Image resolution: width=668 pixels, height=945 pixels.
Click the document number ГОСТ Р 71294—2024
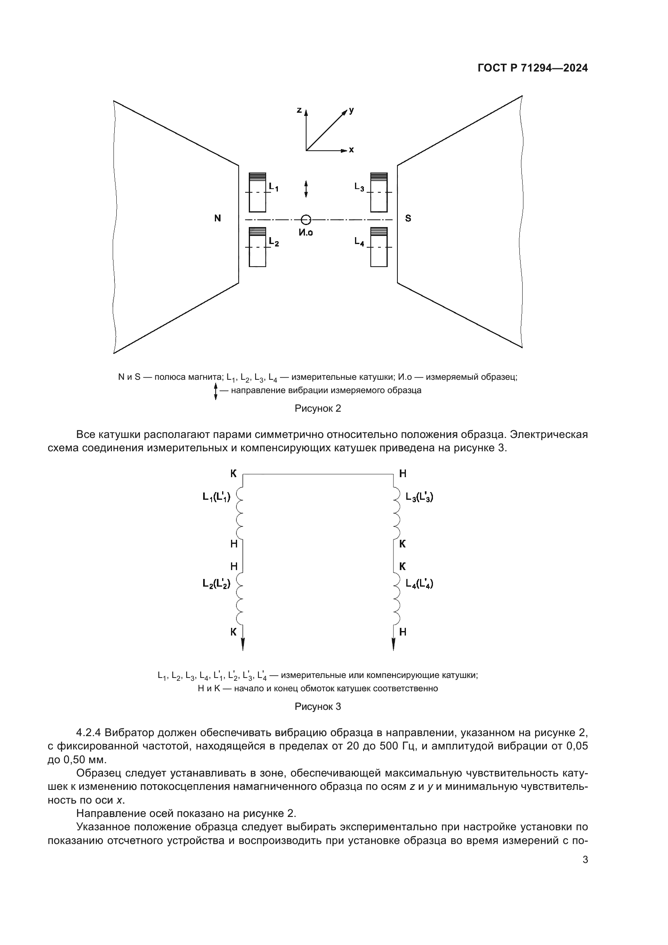click(x=533, y=68)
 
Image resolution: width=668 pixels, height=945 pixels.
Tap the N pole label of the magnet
click(x=218, y=219)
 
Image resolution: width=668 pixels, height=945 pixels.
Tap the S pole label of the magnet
click(x=408, y=219)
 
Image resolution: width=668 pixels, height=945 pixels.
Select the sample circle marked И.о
click(x=306, y=219)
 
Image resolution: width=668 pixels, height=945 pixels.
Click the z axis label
click(x=299, y=110)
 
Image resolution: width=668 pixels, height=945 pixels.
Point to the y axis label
click(x=351, y=110)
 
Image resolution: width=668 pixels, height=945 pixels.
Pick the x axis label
click(x=351, y=150)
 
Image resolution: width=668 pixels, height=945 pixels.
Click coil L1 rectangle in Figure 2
click(x=258, y=192)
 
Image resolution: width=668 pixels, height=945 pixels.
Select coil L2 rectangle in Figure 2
click(x=258, y=247)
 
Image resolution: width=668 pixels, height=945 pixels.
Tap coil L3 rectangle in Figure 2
click(x=379, y=192)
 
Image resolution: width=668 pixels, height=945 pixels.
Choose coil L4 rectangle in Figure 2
click(x=379, y=247)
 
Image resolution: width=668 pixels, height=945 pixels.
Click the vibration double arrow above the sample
click(x=306, y=189)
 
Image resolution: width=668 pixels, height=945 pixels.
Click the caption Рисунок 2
click(x=318, y=409)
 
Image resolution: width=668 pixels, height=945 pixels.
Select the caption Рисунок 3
click(x=318, y=707)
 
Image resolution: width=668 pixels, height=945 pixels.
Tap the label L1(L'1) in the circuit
click(x=216, y=497)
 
